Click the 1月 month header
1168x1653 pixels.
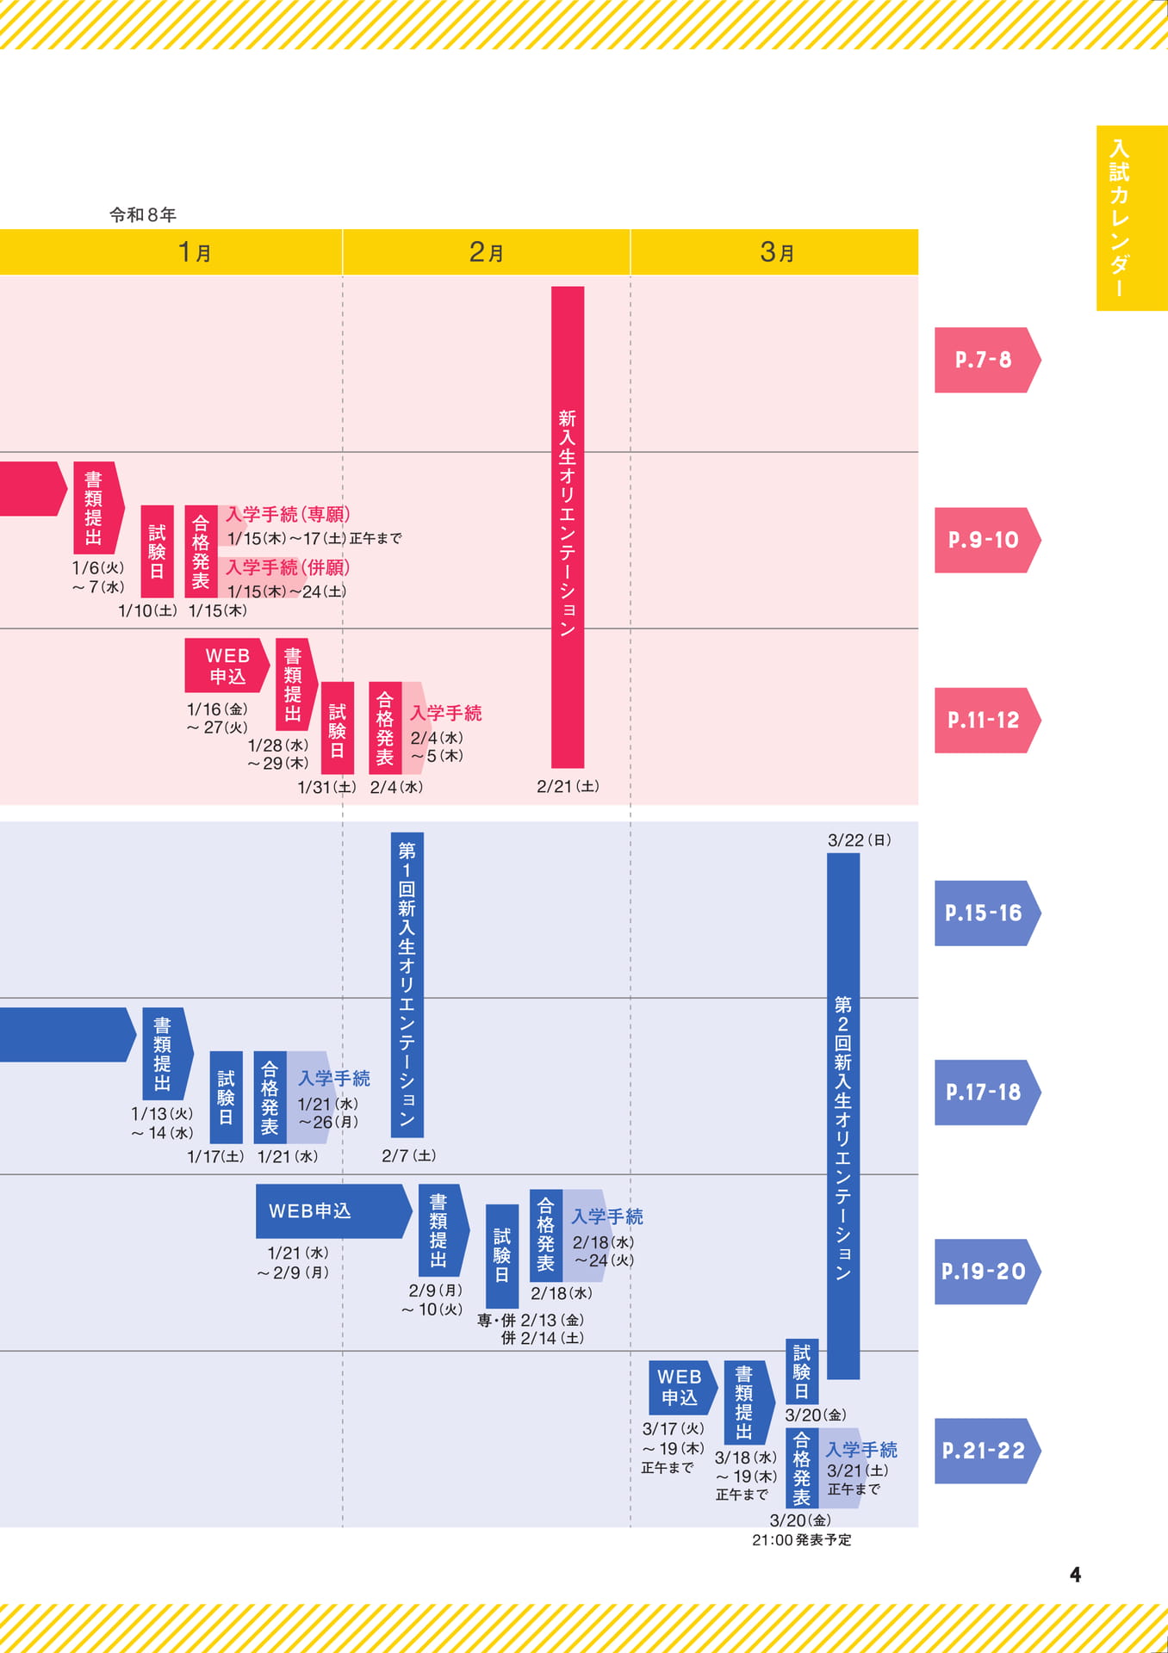[x=195, y=252]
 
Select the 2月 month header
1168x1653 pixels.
[x=487, y=252]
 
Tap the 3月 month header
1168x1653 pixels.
[x=777, y=252]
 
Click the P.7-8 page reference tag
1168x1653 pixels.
[x=987, y=360]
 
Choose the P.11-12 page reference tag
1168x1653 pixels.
[x=987, y=720]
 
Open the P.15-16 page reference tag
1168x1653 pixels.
[x=987, y=913]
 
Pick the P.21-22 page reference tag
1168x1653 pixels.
[x=987, y=1451]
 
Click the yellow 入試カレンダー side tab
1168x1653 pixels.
[x=1132, y=218]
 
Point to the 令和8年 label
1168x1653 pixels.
[x=143, y=214]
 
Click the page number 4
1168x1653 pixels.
[x=1075, y=1575]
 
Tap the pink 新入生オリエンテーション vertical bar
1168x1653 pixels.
[x=568, y=527]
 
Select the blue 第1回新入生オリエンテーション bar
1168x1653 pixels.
[x=407, y=985]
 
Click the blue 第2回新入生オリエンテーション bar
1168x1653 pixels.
[x=843, y=1116]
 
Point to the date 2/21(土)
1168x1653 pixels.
[x=568, y=786]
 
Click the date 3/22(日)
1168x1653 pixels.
[x=860, y=840]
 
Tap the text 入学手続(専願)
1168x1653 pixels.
[x=288, y=515]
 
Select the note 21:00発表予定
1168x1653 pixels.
[x=801, y=1540]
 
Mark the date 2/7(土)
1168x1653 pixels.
[x=409, y=1155]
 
